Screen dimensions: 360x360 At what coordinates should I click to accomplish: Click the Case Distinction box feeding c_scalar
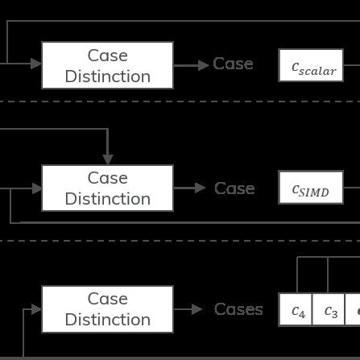(x=107, y=65)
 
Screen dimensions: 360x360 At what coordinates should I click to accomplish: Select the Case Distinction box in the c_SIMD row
(x=107, y=188)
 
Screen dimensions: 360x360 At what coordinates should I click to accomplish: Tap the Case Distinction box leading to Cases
(x=107, y=309)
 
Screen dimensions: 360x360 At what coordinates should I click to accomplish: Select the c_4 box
(x=298, y=311)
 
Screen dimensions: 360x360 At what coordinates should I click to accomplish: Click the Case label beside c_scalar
(x=233, y=64)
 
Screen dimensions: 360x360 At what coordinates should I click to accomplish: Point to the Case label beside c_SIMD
(x=234, y=188)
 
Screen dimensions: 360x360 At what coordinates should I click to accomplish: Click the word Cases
(x=238, y=310)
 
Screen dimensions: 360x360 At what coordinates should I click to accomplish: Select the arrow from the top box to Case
(x=190, y=64)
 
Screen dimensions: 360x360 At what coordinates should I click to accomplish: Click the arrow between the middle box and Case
(x=190, y=188)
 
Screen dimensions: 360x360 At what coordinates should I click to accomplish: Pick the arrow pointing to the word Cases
(x=190, y=309)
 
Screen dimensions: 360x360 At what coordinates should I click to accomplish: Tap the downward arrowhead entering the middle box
(x=107, y=159)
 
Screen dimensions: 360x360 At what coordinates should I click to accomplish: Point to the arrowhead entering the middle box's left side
(x=36, y=188)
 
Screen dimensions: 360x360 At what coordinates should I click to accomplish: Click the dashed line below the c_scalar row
(x=180, y=102)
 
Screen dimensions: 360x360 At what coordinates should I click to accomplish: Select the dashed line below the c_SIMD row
(x=180, y=239)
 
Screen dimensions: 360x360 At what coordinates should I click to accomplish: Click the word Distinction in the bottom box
(x=107, y=320)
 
